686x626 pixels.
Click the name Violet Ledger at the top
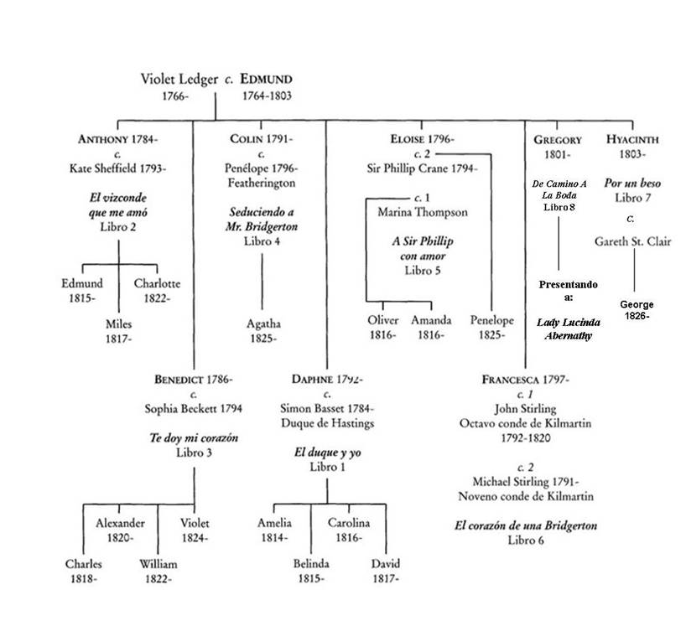178,80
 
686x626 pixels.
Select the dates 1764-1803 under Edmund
267,96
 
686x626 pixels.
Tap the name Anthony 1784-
117,139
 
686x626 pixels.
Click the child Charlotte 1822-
157,291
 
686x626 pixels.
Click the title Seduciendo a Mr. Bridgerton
263,220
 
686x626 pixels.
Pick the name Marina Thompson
423,213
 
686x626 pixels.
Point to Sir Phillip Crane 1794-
423,168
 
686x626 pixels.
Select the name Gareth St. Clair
634,241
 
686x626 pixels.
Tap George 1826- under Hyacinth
637,311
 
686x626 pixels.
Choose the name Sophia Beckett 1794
194,409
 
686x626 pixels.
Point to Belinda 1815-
310,571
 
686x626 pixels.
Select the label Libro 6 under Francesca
526,541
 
